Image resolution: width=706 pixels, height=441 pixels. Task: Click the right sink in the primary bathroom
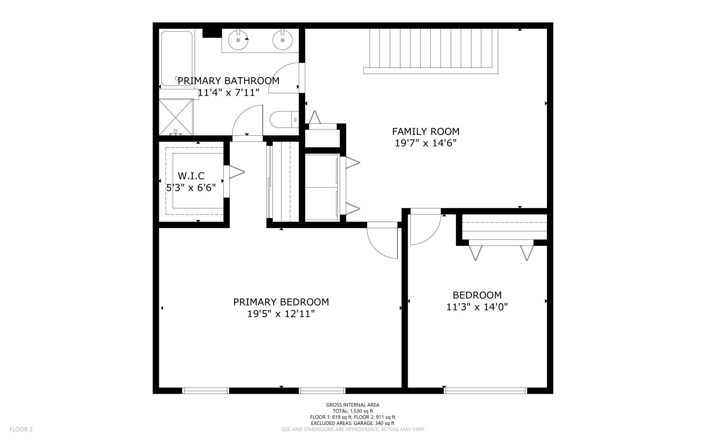(282, 40)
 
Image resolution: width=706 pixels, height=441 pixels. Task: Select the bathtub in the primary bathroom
(176, 58)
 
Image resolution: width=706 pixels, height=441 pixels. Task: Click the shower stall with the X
(176, 117)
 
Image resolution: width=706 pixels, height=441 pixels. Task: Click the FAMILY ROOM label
(426, 131)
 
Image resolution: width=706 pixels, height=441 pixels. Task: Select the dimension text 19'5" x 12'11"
(281, 314)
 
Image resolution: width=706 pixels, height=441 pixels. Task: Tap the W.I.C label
(191, 176)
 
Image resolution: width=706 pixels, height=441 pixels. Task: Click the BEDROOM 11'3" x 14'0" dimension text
(477, 307)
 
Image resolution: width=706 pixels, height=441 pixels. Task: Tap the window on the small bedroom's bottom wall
(485, 391)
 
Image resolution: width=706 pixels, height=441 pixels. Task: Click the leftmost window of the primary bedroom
(206, 391)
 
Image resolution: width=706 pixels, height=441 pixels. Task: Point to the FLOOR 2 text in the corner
(21, 429)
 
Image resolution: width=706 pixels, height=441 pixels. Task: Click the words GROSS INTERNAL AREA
(353, 405)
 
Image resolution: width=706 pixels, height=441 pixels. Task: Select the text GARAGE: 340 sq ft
(374, 423)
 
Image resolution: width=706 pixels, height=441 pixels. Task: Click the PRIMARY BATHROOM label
(228, 81)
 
